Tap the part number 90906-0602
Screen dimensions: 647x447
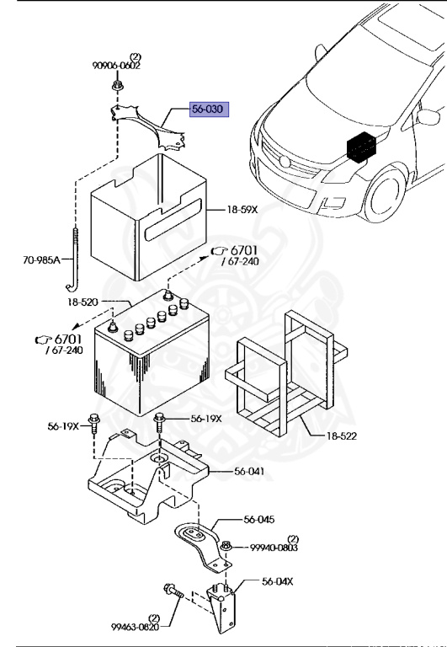click(117, 65)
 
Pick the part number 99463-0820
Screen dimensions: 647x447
click(134, 626)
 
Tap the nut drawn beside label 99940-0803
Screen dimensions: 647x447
click(226, 548)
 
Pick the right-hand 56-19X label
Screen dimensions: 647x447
click(206, 419)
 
